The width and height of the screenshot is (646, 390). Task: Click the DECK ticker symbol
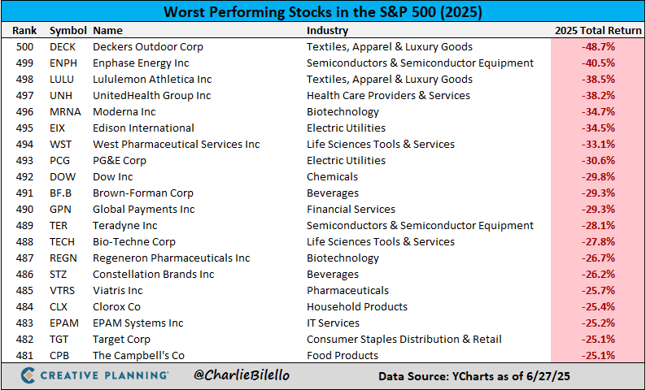point(63,47)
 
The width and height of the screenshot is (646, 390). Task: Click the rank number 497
point(24,96)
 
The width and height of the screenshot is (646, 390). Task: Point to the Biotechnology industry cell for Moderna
point(343,112)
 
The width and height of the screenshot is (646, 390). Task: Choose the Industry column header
point(327,30)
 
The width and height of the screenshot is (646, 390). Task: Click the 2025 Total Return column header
point(597,30)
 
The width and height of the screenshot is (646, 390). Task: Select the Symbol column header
point(68,30)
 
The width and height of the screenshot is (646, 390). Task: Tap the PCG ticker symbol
point(61,161)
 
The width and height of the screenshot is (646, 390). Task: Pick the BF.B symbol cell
point(62,193)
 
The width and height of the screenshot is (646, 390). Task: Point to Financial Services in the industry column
point(351,210)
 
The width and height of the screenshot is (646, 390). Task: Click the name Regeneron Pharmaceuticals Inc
point(171,258)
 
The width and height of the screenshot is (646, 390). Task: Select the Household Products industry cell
point(357,307)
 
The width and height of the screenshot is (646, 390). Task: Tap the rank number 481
point(24,356)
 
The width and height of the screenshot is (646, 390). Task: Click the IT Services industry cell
point(334,323)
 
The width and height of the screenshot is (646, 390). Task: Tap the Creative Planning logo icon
point(28,375)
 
